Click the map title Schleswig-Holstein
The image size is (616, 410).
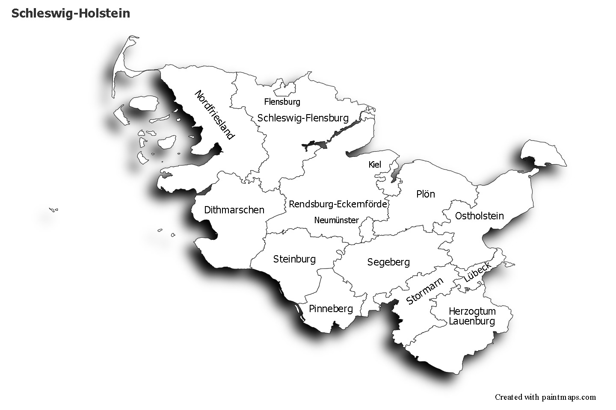71,13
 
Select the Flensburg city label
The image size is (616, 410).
282,102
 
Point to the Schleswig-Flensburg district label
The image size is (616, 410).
303,118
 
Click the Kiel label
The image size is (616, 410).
374,165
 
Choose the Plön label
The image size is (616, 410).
425,194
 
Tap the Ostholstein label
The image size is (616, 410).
479,216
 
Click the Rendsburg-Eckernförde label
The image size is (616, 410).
338,204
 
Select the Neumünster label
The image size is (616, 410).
336,220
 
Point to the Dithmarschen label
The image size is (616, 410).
234,210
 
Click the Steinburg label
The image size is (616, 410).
294,259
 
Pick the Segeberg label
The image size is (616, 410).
388,262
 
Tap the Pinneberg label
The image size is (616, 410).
331,309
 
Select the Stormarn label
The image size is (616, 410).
424,291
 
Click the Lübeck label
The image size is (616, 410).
477,272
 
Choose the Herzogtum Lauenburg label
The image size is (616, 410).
472,316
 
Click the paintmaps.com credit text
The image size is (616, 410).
545,397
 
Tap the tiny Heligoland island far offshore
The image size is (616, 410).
53,209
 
